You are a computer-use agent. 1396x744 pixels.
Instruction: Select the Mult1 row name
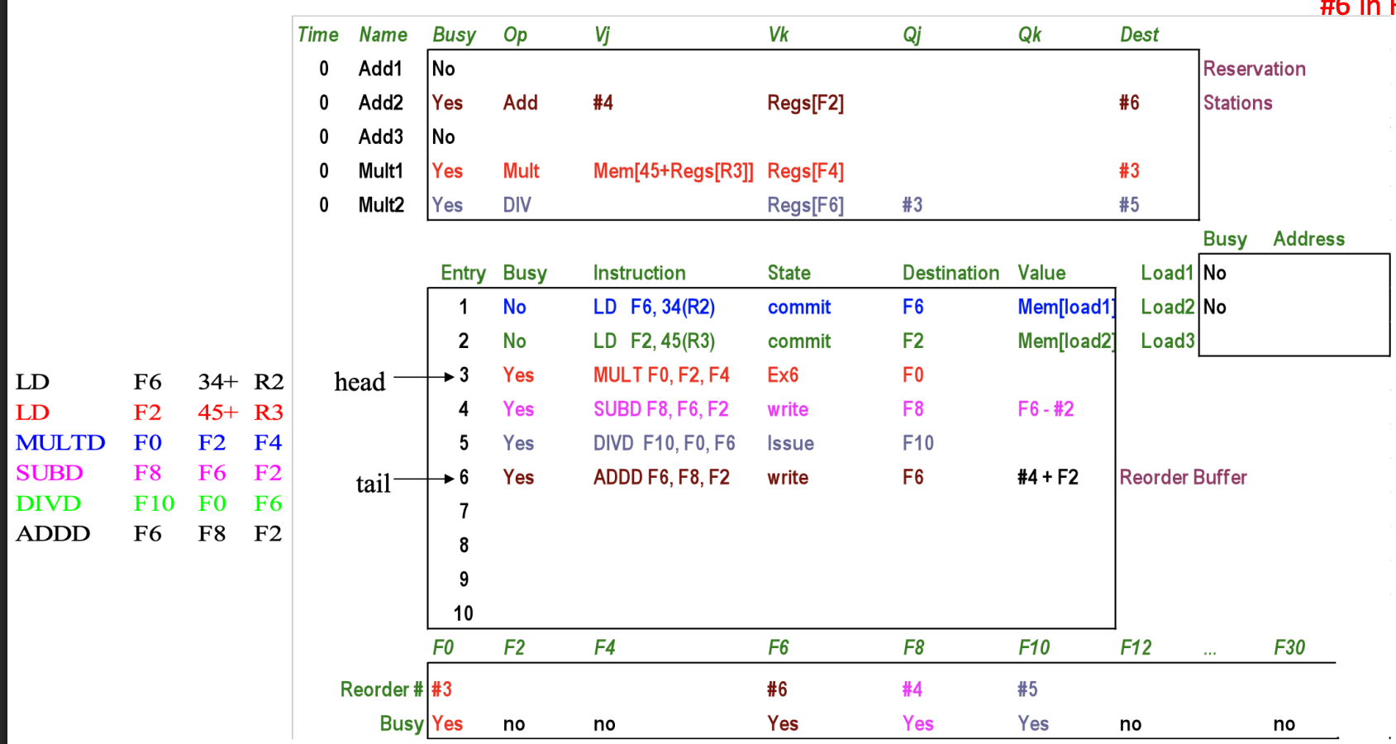(381, 171)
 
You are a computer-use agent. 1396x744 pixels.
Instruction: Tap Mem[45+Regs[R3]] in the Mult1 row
(673, 171)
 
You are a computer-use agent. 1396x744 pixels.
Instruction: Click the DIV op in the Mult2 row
(517, 205)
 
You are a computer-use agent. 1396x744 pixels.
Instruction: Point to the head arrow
(424, 376)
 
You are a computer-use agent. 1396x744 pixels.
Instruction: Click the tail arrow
(424, 479)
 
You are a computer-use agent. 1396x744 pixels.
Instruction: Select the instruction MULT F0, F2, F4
(661, 375)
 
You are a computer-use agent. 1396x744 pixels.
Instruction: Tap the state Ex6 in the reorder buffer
(783, 375)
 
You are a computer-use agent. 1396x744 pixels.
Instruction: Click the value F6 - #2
(1046, 409)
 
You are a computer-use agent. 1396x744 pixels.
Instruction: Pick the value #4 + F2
(1048, 477)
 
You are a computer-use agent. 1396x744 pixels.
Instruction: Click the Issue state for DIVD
(790, 443)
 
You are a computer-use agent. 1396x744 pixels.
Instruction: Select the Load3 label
(1167, 341)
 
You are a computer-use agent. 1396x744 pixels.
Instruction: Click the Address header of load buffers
(1308, 239)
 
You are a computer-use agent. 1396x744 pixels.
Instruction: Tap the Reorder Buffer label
(1183, 477)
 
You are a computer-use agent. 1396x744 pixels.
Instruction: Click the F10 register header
(1034, 648)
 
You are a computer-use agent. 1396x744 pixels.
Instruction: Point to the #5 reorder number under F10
(1027, 689)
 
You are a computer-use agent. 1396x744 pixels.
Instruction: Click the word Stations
(1237, 103)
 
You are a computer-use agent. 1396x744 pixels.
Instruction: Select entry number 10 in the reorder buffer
(463, 613)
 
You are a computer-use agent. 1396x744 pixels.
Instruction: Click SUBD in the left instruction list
(50, 473)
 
